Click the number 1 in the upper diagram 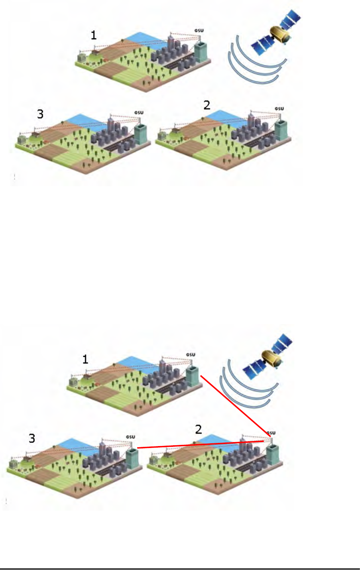[94, 35]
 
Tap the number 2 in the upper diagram [207, 105]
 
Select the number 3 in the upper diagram [40, 114]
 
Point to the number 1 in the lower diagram [85, 360]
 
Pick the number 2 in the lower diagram [199, 429]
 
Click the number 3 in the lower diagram [32, 439]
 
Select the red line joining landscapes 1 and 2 [235, 405]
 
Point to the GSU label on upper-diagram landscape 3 [139, 113]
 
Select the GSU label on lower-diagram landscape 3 [130, 437]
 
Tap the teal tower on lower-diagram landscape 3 [132, 458]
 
